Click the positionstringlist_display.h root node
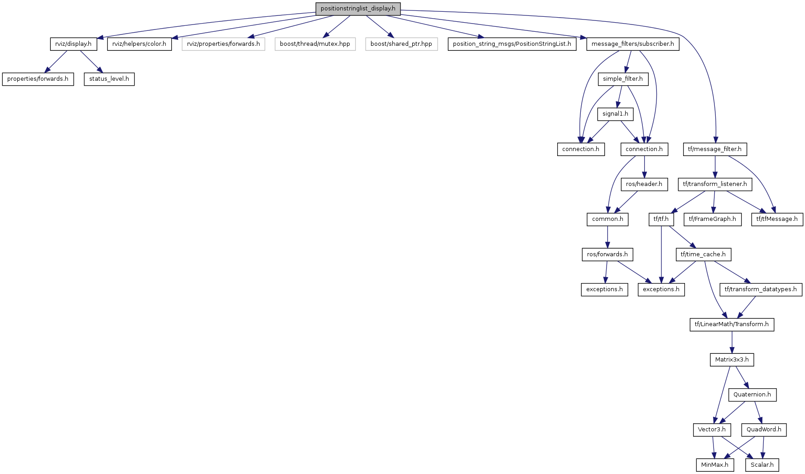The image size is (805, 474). [x=358, y=9]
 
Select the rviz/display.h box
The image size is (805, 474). [x=73, y=44]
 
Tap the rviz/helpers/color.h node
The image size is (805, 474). [x=139, y=44]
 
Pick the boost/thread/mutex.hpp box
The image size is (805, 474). [x=315, y=44]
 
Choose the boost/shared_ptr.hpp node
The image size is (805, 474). [x=401, y=44]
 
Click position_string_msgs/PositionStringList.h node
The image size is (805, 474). [x=512, y=44]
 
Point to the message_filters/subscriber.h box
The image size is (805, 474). [x=632, y=44]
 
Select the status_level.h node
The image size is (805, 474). [x=109, y=79]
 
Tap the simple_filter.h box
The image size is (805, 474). [x=623, y=79]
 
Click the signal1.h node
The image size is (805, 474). [x=615, y=114]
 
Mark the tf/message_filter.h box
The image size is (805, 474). [x=715, y=149]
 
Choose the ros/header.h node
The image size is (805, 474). [x=644, y=184]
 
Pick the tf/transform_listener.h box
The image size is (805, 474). [x=715, y=184]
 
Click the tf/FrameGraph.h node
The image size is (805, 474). [x=713, y=219]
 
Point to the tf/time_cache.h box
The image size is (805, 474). [x=703, y=254]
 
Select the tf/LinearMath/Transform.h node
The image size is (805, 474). [x=732, y=324]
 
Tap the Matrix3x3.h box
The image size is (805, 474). [x=732, y=360]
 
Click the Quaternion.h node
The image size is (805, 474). [x=752, y=395]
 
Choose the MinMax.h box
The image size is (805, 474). [x=715, y=465]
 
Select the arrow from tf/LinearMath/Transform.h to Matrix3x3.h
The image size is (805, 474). [x=732, y=342]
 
